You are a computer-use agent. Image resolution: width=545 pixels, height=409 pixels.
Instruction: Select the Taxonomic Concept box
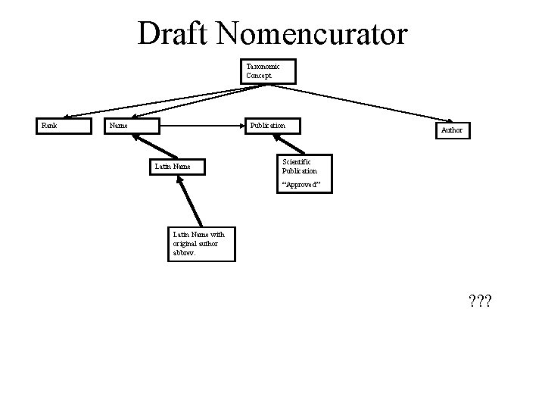(269, 71)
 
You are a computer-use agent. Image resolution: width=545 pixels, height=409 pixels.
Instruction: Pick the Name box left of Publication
(132, 126)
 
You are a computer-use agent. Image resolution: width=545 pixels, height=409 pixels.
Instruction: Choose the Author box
(453, 130)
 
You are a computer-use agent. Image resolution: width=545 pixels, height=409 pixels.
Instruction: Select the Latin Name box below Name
(176, 166)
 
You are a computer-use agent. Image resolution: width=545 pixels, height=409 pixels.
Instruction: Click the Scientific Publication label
(300, 166)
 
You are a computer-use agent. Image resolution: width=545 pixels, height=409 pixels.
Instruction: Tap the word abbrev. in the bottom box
(185, 254)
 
